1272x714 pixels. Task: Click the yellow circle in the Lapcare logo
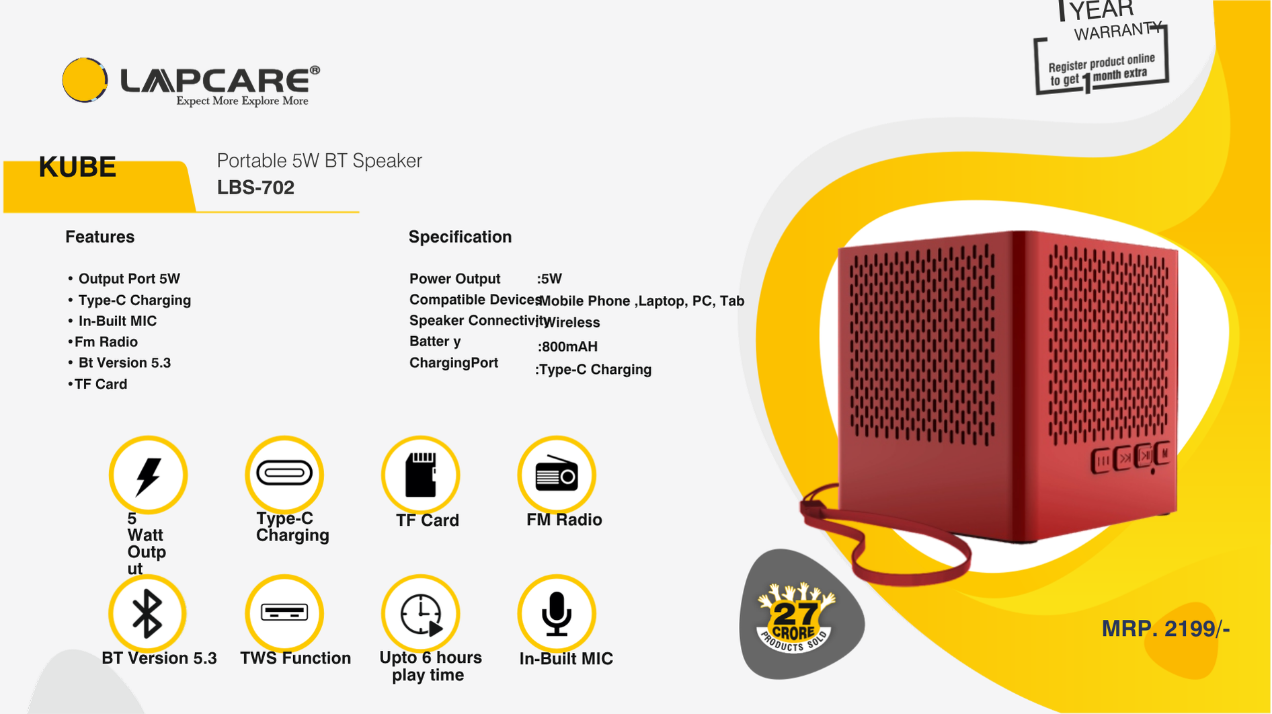tap(85, 80)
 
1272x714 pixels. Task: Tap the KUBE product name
tap(77, 167)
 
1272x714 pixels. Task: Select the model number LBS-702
tap(255, 188)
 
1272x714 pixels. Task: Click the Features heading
tap(100, 237)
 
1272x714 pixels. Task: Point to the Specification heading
tap(460, 237)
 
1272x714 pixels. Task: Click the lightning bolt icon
tap(148, 475)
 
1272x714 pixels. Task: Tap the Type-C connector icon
tap(284, 473)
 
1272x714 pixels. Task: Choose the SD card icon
tap(421, 475)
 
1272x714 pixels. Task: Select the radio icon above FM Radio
tap(557, 475)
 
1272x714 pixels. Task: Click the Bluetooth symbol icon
tap(147, 614)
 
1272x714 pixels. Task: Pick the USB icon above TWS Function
tap(284, 612)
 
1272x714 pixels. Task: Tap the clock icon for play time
tap(421, 614)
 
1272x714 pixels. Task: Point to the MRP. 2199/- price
tap(1166, 629)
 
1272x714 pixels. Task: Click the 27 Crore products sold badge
tap(796, 617)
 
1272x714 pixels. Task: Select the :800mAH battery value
tap(567, 347)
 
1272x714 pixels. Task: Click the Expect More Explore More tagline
tap(242, 101)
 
